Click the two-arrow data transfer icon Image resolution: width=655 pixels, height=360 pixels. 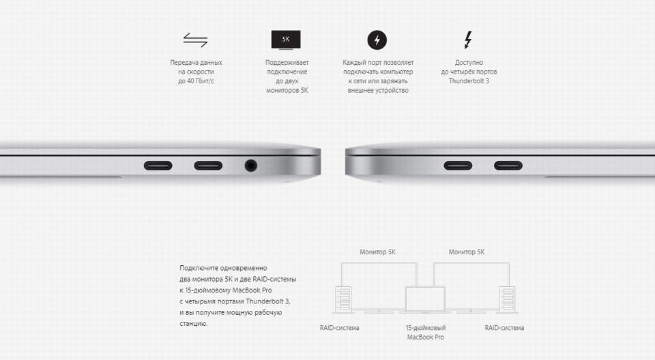196,40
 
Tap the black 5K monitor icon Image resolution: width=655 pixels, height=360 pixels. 286,40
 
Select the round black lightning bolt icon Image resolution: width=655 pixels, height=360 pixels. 377,40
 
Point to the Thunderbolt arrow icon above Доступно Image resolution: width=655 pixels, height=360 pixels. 468,40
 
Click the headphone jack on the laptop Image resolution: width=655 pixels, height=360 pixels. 250,166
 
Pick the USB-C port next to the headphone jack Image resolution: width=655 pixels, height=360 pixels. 208,166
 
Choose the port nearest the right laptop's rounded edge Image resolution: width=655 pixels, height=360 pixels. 458,166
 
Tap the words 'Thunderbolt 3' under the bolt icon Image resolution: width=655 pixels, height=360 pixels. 469,81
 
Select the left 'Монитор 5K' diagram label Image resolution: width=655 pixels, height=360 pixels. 377,252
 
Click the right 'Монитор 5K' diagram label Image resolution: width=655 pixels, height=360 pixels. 467,252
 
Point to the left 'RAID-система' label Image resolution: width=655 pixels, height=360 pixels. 339,328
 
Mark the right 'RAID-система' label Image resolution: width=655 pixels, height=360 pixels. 504,328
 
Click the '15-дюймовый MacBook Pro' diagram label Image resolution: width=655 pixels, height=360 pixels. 425,333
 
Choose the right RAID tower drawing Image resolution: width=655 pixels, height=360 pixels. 508,299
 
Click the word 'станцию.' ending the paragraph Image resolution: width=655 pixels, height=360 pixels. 193,323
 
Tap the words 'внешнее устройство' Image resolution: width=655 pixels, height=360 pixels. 378,90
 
